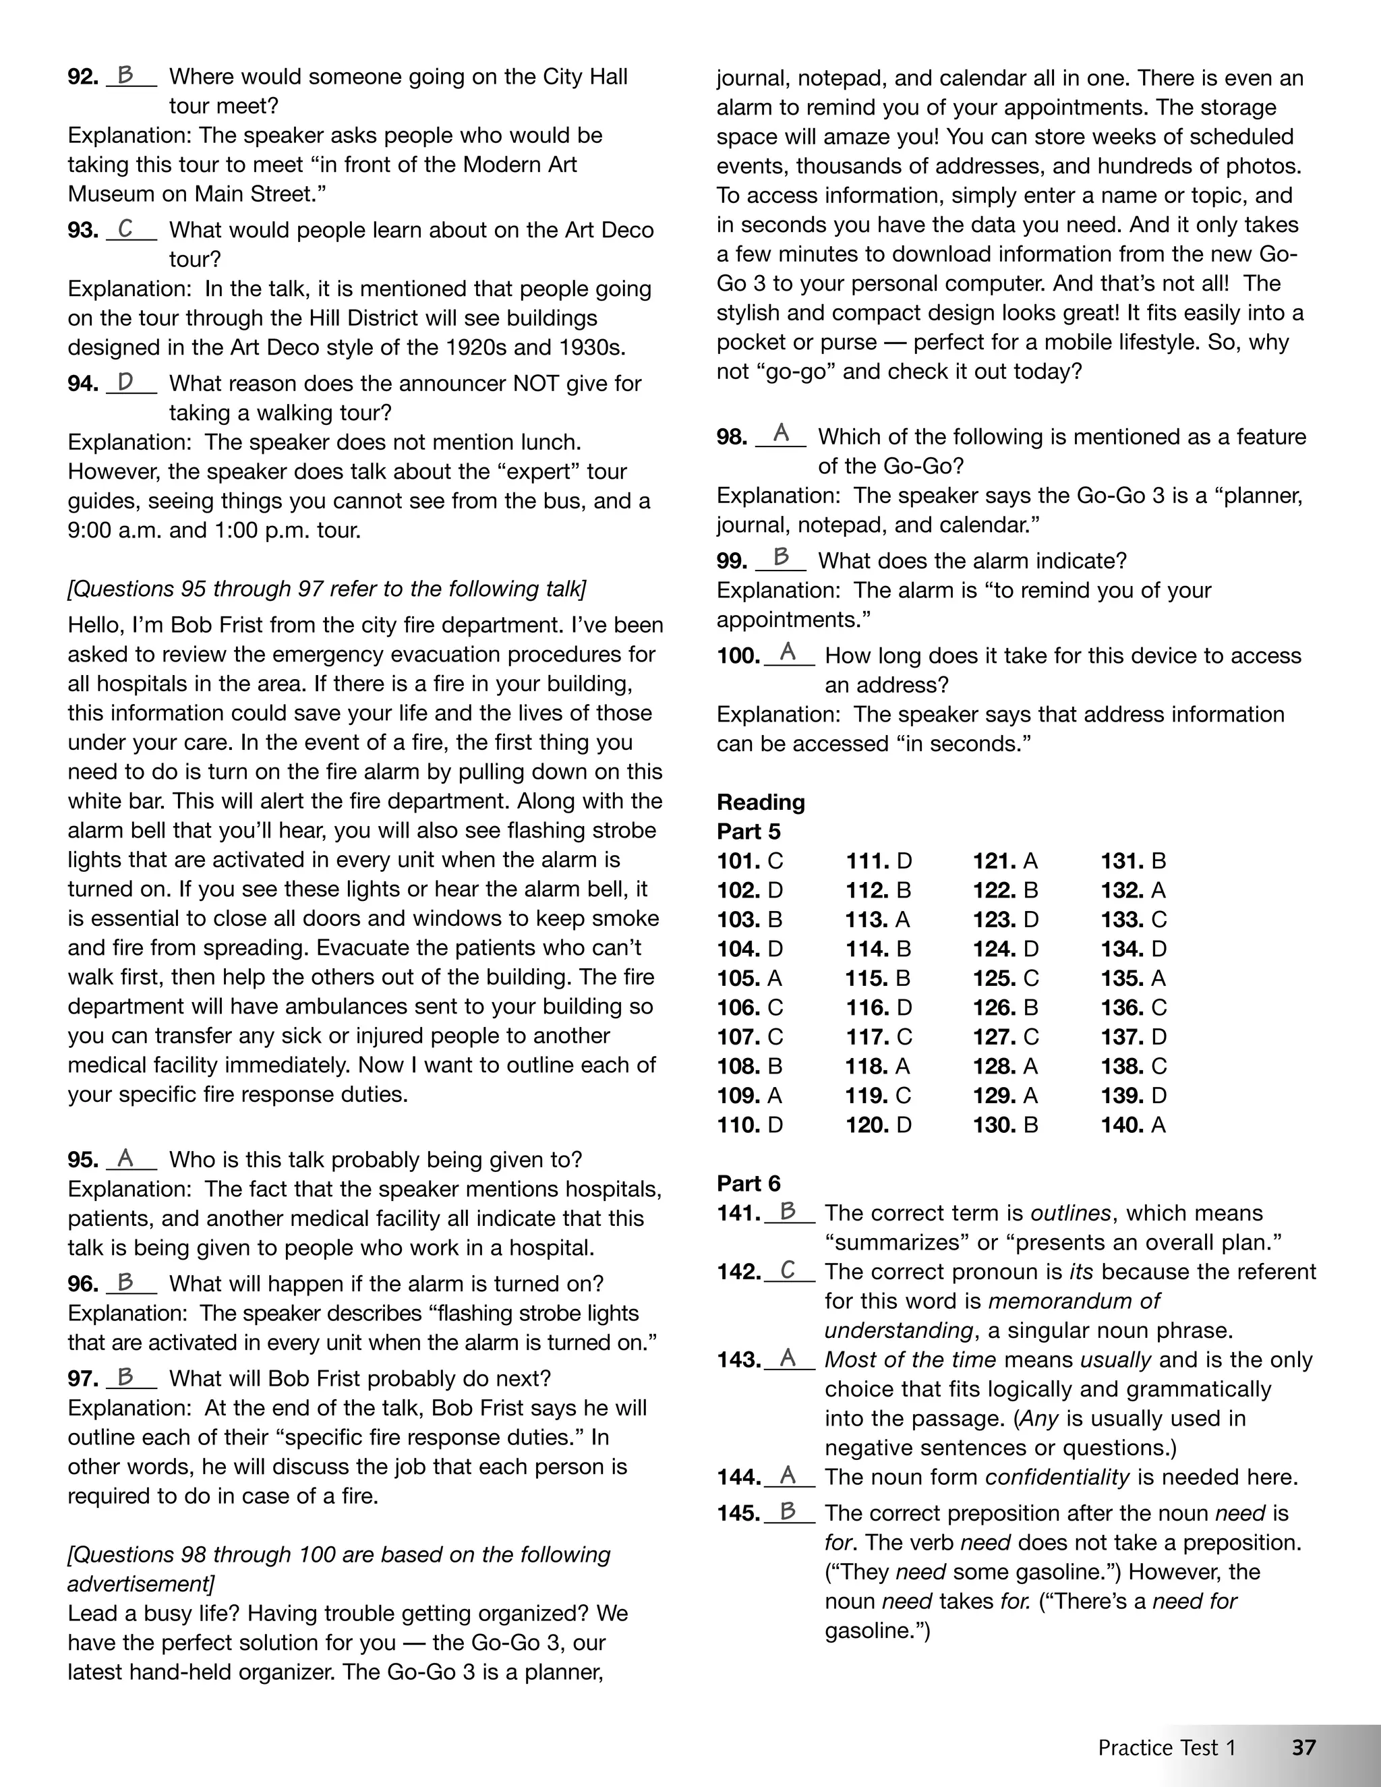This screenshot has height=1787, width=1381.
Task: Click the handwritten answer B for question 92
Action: (x=125, y=76)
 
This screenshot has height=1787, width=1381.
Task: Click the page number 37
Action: (x=1303, y=1747)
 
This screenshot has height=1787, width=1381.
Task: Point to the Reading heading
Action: (x=760, y=802)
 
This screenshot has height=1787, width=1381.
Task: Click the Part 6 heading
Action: (x=748, y=1183)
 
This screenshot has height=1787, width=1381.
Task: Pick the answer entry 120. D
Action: (x=878, y=1125)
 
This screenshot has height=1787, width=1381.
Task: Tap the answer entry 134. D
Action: (x=1133, y=949)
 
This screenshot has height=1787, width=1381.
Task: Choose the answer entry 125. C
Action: (x=1005, y=978)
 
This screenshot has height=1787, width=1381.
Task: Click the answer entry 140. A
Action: (x=1132, y=1125)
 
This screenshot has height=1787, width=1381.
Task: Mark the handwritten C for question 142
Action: (x=788, y=1270)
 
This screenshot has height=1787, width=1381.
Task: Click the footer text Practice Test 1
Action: (x=1167, y=1748)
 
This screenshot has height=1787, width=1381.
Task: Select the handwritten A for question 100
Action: (x=788, y=652)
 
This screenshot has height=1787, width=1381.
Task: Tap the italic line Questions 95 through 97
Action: (x=327, y=589)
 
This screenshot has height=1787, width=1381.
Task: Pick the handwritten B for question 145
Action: (x=788, y=1511)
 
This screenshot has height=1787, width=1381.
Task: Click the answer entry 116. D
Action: (x=878, y=1008)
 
